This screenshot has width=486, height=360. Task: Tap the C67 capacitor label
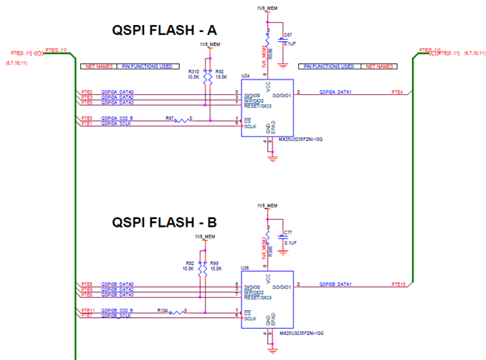coord(288,35)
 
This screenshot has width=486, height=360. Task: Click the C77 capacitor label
coord(288,232)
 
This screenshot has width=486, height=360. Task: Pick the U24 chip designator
coord(245,76)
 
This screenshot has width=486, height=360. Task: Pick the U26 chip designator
coord(245,267)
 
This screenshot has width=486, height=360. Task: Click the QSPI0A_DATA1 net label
coord(336,92)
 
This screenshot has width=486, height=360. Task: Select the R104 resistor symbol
coord(180,312)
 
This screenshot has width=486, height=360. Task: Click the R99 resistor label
coord(214,263)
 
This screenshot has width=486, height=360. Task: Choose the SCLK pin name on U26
coord(251,318)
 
